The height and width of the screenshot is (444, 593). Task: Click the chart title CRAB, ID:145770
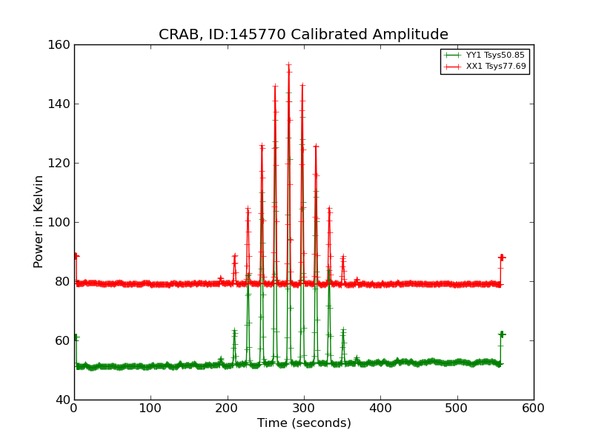click(x=303, y=35)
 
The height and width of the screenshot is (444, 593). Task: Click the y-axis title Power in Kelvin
click(x=39, y=221)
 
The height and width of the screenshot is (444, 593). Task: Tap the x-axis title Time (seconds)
click(x=304, y=423)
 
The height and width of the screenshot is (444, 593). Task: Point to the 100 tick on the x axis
click(x=150, y=408)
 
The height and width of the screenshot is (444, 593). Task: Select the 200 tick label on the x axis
click(x=228, y=408)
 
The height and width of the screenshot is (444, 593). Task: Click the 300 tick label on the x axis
click(x=304, y=408)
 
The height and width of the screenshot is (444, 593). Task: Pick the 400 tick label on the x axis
click(x=380, y=408)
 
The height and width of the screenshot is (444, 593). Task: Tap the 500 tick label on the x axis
click(x=457, y=408)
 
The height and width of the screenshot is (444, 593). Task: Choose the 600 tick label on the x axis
click(x=534, y=408)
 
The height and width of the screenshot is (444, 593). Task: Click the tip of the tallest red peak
click(x=288, y=65)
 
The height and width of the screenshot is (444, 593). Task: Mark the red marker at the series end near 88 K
click(x=502, y=258)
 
